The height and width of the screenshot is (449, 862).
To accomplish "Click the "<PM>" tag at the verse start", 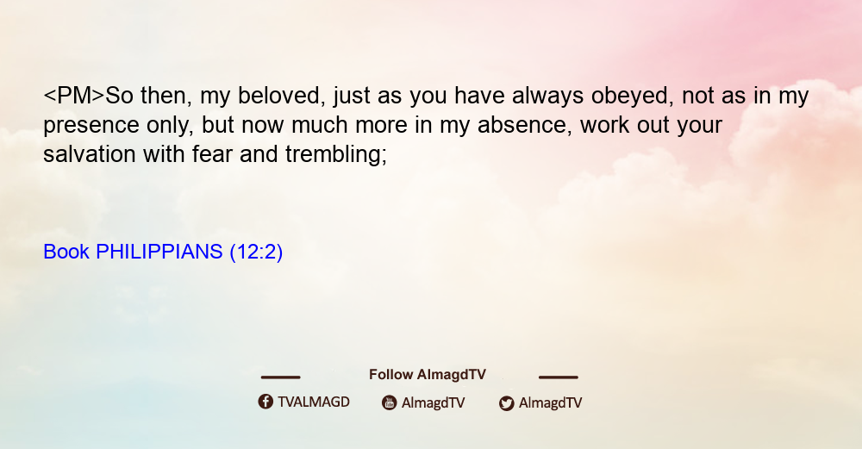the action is tap(73, 96).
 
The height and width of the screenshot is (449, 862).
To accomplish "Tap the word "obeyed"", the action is tap(632, 97).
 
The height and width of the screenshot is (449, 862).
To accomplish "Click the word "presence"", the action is tap(91, 126).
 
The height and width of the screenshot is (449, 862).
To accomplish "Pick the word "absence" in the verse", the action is tap(522, 125).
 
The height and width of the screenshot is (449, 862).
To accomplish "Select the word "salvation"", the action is tap(90, 154).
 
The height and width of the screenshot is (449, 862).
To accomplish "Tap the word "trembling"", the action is tap(336, 155).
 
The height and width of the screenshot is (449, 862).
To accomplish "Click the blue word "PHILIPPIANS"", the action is tap(159, 252).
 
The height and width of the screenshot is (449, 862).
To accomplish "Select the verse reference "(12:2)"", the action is tap(256, 253).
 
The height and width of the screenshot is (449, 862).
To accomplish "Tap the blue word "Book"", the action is tap(66, 252).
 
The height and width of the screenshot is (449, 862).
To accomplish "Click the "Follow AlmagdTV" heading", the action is tap(428, 375).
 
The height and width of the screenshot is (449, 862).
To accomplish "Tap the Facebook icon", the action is tap(265, 402).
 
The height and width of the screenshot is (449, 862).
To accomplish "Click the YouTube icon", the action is tap(390, 402).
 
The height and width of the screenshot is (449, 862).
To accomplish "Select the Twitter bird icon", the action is tap(506, 403).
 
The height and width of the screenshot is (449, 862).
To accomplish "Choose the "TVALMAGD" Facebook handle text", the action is tap(314, 402).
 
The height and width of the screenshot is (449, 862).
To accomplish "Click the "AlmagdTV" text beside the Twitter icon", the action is tap(550, 403).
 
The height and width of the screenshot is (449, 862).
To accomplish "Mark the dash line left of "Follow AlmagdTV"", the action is tap(280, 377).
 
